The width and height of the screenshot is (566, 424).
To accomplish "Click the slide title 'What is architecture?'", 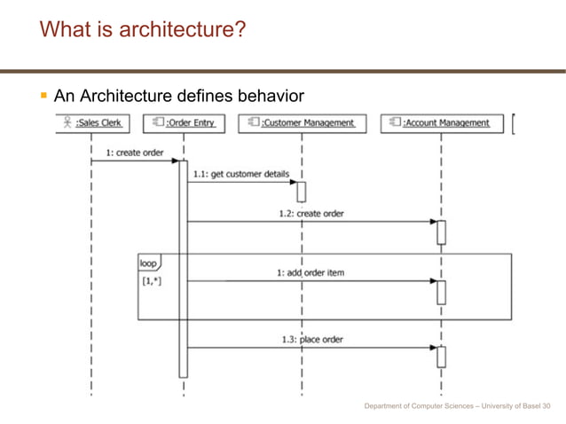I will pyautogui.click(x=143, y=31).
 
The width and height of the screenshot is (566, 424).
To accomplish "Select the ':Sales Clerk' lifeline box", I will pyautogui.click(x=91, y=123).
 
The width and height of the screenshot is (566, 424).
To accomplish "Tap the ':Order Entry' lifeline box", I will pyautogui.click(x=184, y=123).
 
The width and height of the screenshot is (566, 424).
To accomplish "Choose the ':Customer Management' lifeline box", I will pyautogui.click(x=302, y=123).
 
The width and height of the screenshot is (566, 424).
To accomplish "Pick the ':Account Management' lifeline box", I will pyautogui.click(x=441, y=123).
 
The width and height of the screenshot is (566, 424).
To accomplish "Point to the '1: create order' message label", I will pyautogui.click(x=135, y=153).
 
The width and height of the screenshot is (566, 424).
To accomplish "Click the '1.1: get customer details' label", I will pyautogui.click(x=241, y=174).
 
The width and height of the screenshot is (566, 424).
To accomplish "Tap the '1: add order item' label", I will pyautogui.click(x=310, y=272).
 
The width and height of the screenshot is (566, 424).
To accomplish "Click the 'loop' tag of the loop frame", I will pyautogui.click(x=148, y=263).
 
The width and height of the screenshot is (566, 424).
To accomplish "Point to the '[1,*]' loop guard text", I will pyautogui.click(x=152, y=281).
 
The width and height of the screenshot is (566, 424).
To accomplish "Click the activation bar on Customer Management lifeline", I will pyautogui.click(x=302, y=191).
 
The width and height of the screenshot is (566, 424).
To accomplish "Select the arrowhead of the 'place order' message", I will pyautogui.click(x=434, y=348).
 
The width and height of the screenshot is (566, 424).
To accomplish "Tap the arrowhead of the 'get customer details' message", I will pyautogui.click(x=293, y=182).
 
